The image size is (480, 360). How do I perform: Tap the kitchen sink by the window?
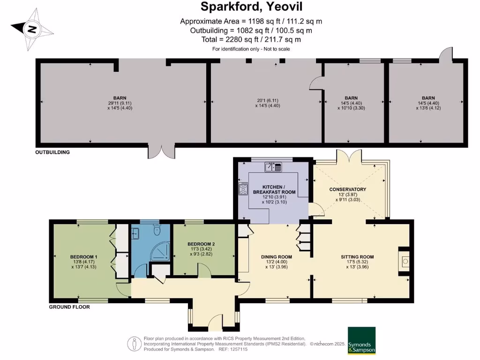tap(273, 166)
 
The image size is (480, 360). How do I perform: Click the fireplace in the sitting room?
tap(404, 259)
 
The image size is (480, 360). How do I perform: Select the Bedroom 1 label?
tap(84, 257)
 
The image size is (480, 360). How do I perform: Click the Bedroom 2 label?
tap(201, 244)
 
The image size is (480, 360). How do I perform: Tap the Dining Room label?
tap(277, 257)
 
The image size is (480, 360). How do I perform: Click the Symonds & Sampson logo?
tap(361, 340)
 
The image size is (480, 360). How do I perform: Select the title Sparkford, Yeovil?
tap(251, 7)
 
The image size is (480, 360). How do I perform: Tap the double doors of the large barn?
tap(161, 151)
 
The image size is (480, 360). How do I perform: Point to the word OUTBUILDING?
tap(52, 152)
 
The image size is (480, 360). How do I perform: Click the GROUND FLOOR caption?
tap(69, 307)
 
